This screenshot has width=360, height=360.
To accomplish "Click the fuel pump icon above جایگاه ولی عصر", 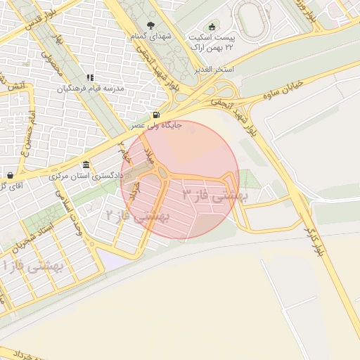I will click(x=155, y=115).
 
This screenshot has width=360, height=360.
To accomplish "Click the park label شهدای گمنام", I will click(x=146, y=35).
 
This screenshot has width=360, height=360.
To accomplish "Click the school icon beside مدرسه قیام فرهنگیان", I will click(x=90, y=78).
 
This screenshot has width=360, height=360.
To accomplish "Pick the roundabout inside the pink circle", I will click(x=162, y=173).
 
